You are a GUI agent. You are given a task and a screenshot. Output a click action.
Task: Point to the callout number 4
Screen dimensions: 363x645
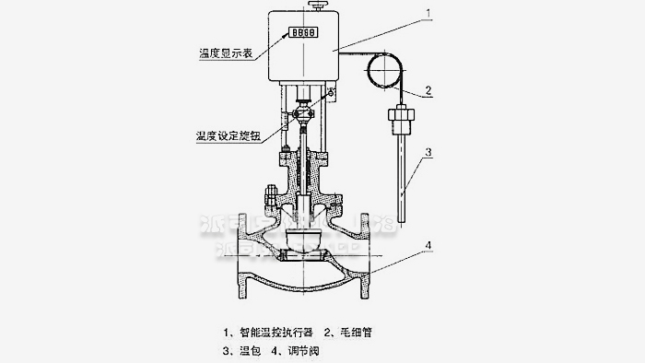(428, 243)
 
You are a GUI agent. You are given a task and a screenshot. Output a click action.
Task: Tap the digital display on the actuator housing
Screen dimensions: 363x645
(302, 31)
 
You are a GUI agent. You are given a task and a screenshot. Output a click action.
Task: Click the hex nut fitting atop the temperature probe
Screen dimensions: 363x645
(401, 121)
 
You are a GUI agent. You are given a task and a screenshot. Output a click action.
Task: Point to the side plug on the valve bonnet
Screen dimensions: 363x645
(271, 195)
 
